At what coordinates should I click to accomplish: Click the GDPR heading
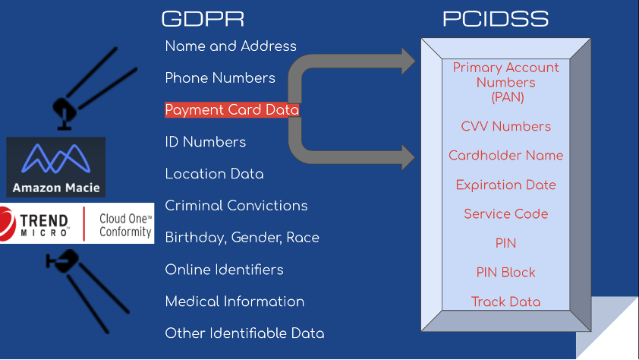203,19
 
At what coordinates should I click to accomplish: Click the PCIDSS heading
496,19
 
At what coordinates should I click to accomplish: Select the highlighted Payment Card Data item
232,110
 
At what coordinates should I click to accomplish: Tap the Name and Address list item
231,46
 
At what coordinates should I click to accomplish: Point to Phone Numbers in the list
220,78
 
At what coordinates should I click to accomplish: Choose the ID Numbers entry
206,142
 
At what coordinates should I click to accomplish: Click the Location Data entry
215,174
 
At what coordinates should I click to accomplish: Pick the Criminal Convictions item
237,206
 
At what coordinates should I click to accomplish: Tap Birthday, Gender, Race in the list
242,238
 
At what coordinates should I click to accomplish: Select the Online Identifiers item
225,270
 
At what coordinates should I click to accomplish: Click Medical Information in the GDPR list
235,302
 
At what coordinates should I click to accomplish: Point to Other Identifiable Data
245,333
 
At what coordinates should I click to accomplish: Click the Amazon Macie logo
56,167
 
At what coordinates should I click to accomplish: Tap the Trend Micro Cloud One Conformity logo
77,223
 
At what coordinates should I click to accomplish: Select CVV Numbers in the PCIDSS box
506,127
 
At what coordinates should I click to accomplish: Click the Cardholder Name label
506,156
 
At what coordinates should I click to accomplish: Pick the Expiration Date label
506,185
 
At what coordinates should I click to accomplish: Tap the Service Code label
506,214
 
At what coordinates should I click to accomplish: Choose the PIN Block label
506,273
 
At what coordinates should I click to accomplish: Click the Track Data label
506,302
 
